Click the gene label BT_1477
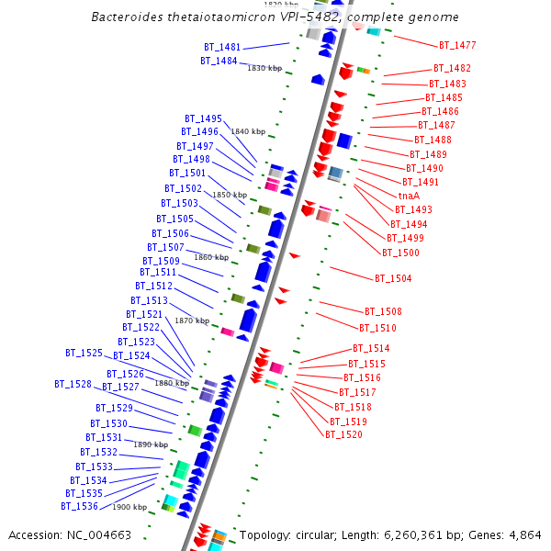[x=456, y=45]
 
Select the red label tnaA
[x=409, y=197]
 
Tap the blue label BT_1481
[x=222, y=47]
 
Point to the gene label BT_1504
[x=393, y=278]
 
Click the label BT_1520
[x=343, y=434]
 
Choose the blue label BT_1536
[x=80, y=506]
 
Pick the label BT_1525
[x=84, y=353]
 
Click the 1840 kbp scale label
[x=247, y=131]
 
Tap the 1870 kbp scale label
[x=192, y=320]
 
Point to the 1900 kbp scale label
[x=129, y=507]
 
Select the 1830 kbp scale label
[x=264, y=68]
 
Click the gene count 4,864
[x=523, y=534]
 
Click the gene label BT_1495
[x=203, y=118]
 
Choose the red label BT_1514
[x=371, y=349]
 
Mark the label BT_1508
[x=383, y=311]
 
